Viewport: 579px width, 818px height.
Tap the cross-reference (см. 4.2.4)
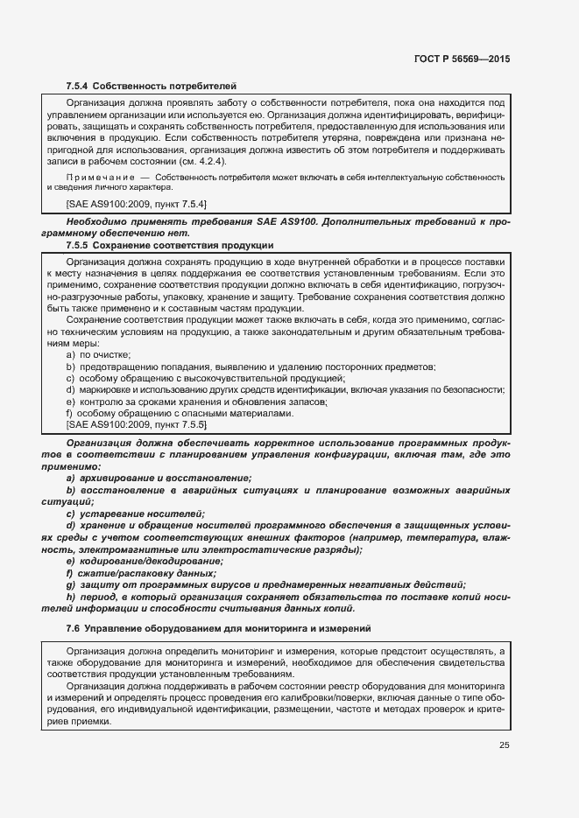[204, 162]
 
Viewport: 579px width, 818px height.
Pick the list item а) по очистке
[98, 354]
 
